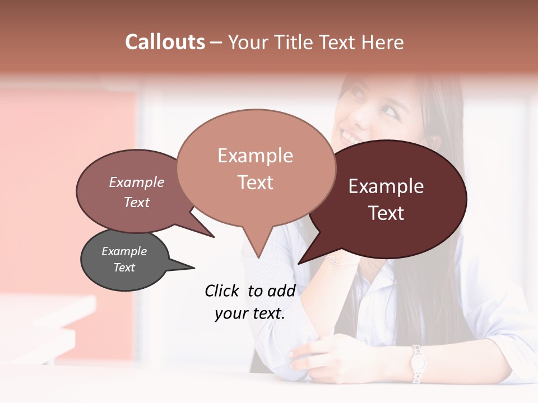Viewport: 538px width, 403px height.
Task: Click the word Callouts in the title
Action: [165, 42]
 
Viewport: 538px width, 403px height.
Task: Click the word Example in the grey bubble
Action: [124, 251]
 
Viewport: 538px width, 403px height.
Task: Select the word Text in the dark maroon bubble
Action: [387, 213]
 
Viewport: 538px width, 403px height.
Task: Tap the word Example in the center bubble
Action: [255, 156]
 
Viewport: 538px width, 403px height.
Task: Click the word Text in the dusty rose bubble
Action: [137, 202]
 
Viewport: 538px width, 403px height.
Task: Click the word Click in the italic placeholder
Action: [222, 290]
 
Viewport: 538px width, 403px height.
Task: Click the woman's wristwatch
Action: [416, 364]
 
